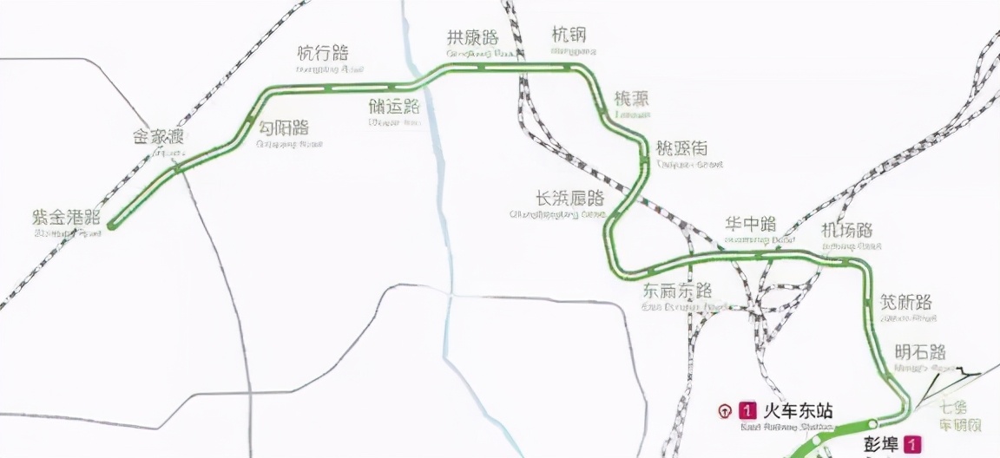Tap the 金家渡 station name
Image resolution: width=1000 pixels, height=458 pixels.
[x=158, y=137]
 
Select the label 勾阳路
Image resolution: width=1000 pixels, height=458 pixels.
[x=283, y=128]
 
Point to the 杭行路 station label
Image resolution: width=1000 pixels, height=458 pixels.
[x=322, y=54]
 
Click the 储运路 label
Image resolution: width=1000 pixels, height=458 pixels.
[x=394, y=107]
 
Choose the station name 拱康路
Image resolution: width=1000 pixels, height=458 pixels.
[x=472, y=37]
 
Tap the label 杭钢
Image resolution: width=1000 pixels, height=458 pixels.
[x=569, y=35]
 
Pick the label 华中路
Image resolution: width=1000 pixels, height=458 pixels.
[x=750, y=225]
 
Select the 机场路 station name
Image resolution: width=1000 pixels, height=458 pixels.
[x=846, y=231]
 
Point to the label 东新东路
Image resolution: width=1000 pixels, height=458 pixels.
[x=677, y=291]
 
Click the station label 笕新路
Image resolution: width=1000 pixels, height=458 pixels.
[x=906, y=302]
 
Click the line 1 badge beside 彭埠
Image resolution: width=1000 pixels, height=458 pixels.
[x=911, y=444]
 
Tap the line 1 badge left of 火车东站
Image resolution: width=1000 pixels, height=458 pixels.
[x=746, y=409]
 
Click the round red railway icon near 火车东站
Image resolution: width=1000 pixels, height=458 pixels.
[x=725, y=410]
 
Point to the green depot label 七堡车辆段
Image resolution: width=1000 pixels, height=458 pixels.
[x=960, y=415]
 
